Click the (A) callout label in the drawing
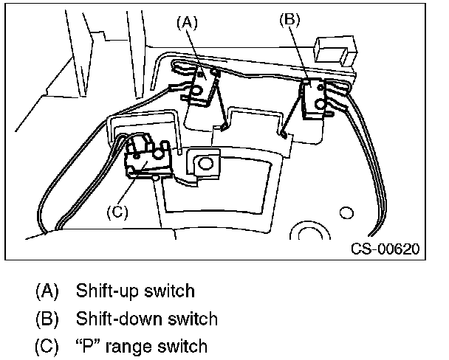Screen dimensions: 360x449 (x=187, y=22)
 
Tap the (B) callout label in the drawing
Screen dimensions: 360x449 (x=290, y=19)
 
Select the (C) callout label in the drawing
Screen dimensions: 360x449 (x=117, y=212)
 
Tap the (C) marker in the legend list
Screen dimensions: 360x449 (x=46, y=345)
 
